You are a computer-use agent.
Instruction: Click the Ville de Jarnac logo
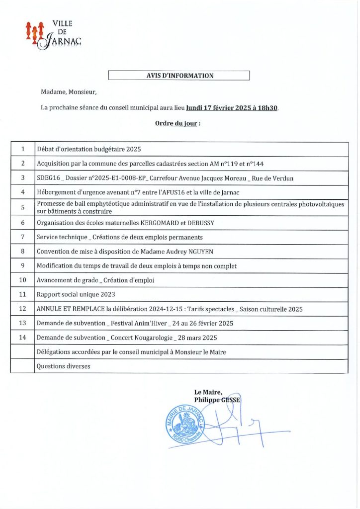(x=53, y=34)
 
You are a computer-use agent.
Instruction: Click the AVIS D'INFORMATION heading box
(x=179, y=76)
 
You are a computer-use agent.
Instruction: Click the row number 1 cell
(x=22, y=149)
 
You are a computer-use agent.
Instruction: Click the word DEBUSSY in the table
(x=199, y=223)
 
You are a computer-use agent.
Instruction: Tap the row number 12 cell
(x=22, y=309)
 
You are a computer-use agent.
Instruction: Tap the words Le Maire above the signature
(x=205, y=392)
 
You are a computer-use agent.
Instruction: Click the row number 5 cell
(x=22, y=207)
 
